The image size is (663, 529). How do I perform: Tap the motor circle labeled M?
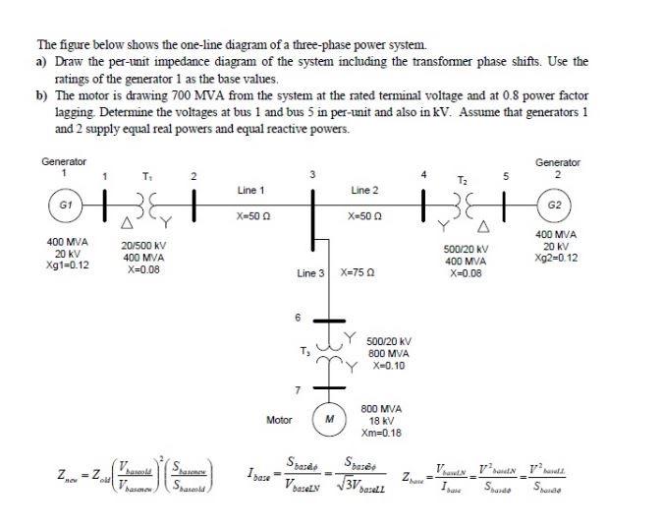[330, 419]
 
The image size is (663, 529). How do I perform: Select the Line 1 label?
[250, 189]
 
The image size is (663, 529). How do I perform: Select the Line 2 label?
[364, 189]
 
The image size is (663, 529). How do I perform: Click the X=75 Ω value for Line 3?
[359, 271]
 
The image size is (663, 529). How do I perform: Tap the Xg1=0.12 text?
[69, 264]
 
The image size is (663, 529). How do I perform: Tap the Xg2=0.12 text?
[557, 258]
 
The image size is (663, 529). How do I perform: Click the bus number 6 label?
[299, 317]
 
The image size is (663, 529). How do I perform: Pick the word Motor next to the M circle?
[280, 420]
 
